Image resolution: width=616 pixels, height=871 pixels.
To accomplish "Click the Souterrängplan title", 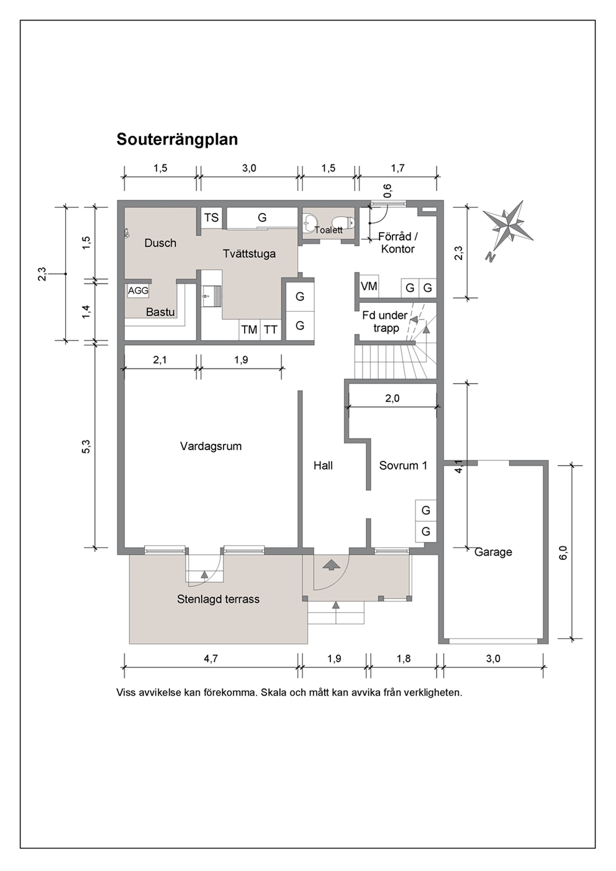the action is tap(177, 140).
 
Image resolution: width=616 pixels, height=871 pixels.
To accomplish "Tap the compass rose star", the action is tap(508, 225).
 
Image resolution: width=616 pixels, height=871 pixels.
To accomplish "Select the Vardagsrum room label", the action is tap(211, 446).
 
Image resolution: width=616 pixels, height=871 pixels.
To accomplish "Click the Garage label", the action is tap(493, 552).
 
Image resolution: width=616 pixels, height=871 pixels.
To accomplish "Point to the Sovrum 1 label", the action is tap(403, 466).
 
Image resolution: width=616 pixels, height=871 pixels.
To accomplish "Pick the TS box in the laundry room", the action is tap(212, 218).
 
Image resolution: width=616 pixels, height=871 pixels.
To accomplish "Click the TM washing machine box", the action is tap(249, 330).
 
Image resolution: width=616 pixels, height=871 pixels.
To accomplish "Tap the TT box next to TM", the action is tap(271, 330).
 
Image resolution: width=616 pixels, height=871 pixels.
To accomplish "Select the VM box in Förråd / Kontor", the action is tap(369, 287).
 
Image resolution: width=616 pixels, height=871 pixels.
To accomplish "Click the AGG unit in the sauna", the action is tap(138, 291).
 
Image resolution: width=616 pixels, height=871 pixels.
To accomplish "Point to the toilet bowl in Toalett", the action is tap(346, 222).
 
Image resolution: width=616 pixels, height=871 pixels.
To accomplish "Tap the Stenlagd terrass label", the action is tap(218, 599).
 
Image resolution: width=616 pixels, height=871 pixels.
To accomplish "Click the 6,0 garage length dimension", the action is tap(564, 552).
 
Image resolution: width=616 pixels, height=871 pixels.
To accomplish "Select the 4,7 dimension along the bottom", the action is tap(211, 659).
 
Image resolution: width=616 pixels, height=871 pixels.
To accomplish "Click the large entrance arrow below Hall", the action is tap(330, 564).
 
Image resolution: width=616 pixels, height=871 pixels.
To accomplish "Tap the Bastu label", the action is tap(160, 312).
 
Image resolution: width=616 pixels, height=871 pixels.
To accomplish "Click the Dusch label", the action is tap(160, 243).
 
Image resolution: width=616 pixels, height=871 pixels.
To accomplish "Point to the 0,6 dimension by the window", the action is tap(387, 191).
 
